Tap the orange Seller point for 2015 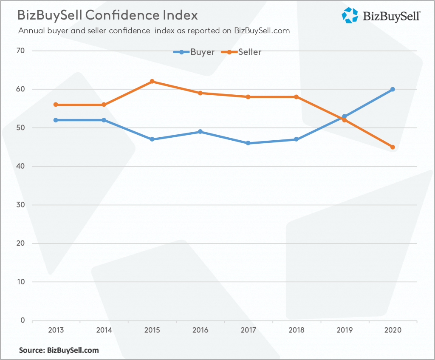tap(152, 82)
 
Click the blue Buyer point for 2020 tap(393, 89)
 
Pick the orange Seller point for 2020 tap(393, 147)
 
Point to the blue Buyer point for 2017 tap(248, 143)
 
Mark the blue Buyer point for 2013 tap(56, 120)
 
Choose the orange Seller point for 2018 tap(296, 97)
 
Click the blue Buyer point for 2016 tap(200, 132)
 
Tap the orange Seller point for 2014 tap(104, 105)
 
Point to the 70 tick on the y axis tap(21, 51)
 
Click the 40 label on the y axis tap(21, 166)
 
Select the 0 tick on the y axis tap(23, 320)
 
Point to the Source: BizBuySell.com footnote tap(59, 350)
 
